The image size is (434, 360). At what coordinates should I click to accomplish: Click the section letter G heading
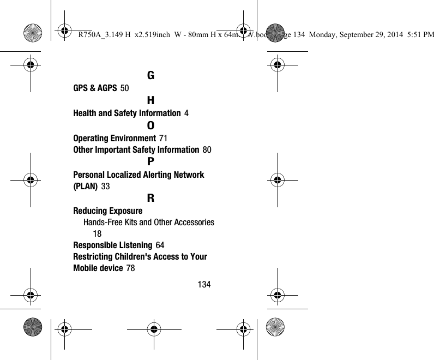click(150, 75)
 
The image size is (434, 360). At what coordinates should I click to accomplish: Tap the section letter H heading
click(150, 100)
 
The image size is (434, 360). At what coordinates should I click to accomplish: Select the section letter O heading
click(150, 125)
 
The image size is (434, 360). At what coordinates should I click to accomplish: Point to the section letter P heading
click(150, 162)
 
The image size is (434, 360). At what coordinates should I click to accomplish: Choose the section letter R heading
click(150, 199)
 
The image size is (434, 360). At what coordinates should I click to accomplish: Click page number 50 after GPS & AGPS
click(124, 88)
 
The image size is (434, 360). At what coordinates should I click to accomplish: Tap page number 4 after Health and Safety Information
click(187, 113)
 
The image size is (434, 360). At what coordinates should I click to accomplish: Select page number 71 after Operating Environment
click(163, 138)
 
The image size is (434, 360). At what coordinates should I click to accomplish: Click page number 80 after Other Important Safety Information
click(207, 149)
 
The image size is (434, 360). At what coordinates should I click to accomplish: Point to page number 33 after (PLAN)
click(106, 187)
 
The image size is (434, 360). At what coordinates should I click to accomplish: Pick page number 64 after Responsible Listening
click(160, 245)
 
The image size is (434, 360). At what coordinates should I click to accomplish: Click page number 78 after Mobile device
click(131, 268)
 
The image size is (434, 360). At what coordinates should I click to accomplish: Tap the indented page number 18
click(97, 233)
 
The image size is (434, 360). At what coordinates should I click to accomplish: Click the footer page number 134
click(204, 285)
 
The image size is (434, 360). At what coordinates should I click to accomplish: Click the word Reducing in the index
click(90, 211)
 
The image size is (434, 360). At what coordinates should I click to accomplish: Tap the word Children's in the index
click(146, 256)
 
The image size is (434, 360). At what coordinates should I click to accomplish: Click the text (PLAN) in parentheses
click(85, 187)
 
